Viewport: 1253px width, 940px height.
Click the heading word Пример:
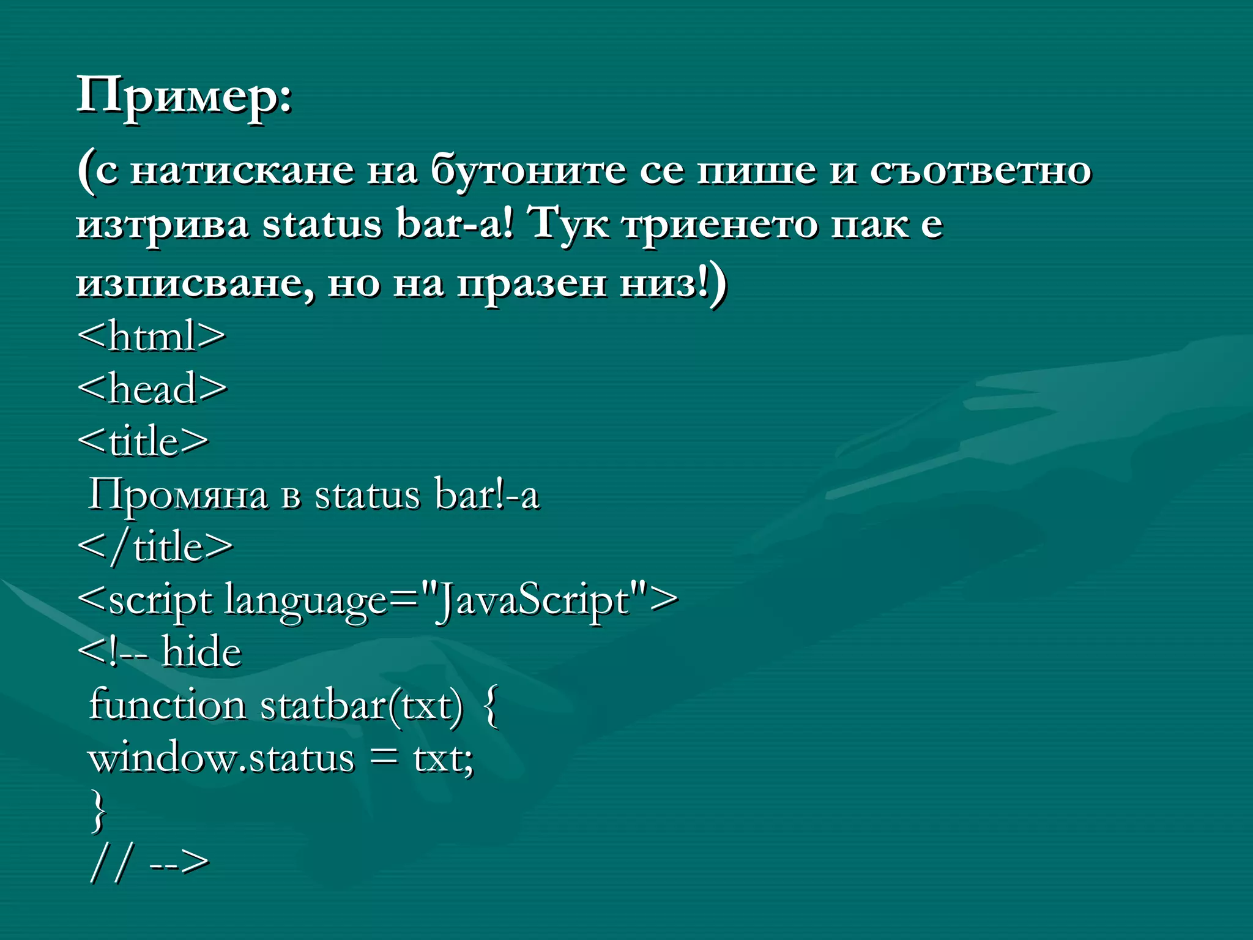[x=184, y=97]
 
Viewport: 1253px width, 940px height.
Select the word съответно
[x=980, y=170]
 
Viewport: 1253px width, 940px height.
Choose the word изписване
[x=195, y=284]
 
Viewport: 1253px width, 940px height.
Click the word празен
[x=532, y=284]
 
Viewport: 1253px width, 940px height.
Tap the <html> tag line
[x=151, y=336]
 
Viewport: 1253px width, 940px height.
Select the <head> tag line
[x=152, y=389]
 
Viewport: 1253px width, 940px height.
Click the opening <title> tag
[x=143, y=441]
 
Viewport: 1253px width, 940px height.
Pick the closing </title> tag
[x=155, y=546]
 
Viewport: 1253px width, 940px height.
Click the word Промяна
[x=178, y=494]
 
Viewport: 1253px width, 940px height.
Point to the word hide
[x=201, y=652]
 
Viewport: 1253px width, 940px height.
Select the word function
[x=167, y=705]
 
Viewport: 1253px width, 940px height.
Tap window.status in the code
[x=221, y=759]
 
